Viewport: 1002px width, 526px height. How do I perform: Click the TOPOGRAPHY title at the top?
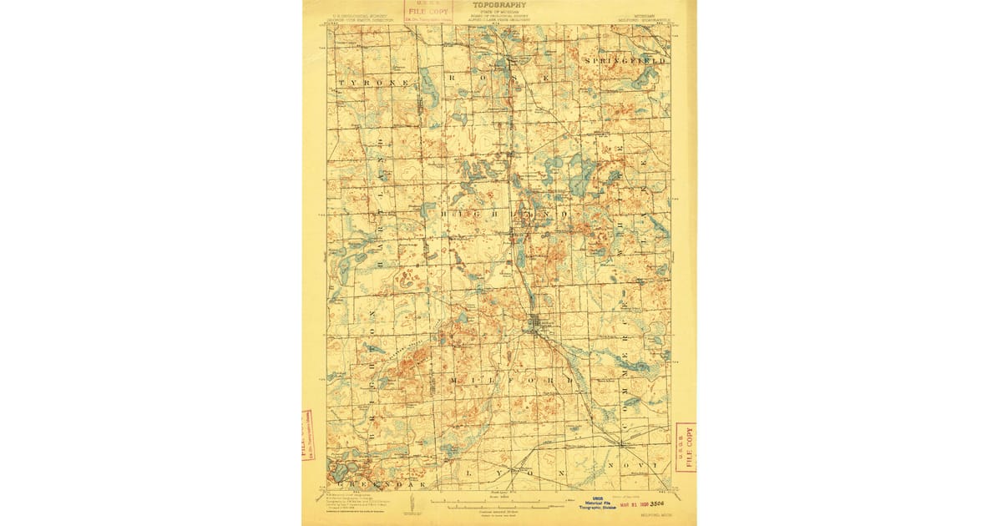(499, 5)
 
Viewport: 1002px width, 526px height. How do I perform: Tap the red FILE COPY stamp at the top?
(427, 11)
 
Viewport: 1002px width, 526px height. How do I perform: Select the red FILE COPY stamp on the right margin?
(686, 447)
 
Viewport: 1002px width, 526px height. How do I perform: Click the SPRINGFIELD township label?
(626, 62)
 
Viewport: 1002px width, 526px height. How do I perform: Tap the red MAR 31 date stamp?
(632, 504)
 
